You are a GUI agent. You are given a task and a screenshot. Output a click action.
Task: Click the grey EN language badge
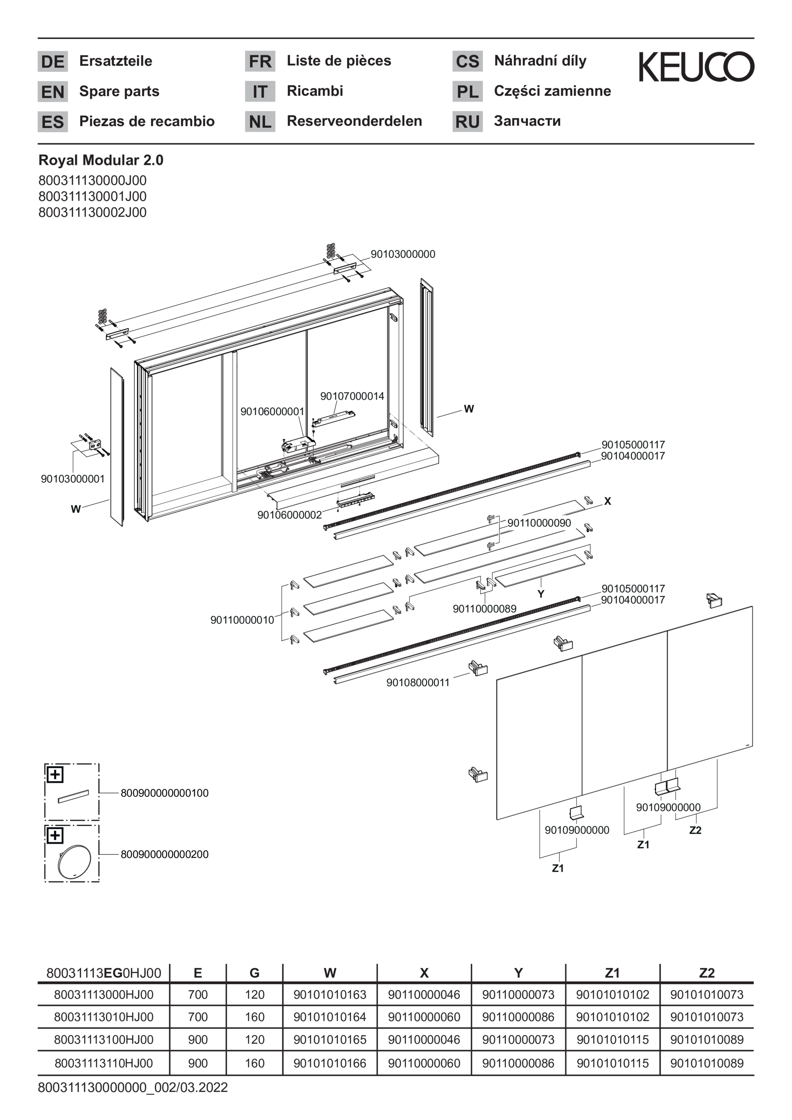[53, 92]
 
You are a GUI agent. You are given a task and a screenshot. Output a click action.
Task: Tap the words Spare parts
[119, 91]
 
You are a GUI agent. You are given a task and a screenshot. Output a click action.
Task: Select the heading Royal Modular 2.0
[101, 160]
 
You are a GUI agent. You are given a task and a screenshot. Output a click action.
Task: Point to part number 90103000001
[73, 479]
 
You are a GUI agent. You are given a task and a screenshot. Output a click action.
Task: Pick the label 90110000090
[539, 523]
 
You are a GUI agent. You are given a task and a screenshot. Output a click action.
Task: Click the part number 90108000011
[418, 682]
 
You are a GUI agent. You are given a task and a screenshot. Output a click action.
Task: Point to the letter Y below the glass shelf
[541, 594]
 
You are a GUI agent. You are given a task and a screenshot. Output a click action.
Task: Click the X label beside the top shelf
[608, 501]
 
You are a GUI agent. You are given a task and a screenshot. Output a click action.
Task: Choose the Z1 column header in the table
[612, 973]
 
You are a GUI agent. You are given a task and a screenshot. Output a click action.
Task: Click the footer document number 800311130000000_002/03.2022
[133, 1088]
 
